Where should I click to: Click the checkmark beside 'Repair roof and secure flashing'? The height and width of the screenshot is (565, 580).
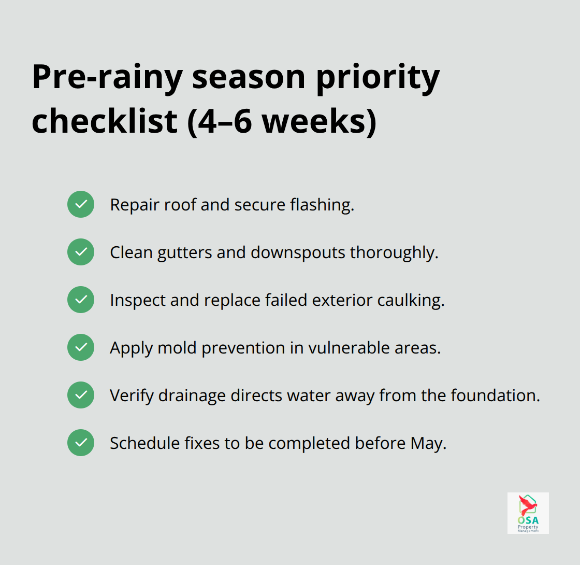coord(81,204)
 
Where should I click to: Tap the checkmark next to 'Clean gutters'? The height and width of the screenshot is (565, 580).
coord(81,252)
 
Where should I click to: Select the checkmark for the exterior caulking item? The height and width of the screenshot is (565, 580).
coord(81,300)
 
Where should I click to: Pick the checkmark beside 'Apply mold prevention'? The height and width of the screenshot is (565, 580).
coord(81,347)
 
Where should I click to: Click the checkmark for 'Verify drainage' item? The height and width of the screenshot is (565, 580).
coord(81,395)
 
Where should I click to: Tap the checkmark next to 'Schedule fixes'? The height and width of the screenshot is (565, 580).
coord(81,443)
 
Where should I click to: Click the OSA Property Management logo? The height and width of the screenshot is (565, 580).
coord(528,513)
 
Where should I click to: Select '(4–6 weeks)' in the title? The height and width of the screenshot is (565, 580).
coord(282,122)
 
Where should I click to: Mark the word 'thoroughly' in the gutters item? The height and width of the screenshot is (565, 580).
coord(394,252)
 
